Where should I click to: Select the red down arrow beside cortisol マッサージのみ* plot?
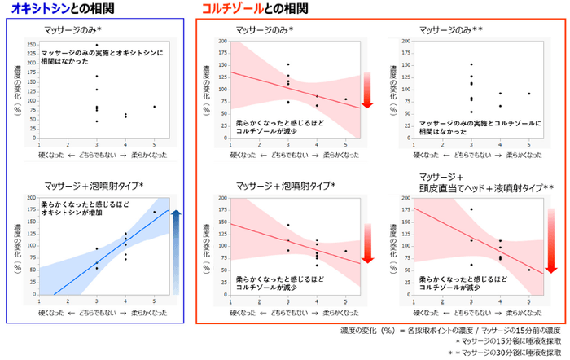click(366, 89)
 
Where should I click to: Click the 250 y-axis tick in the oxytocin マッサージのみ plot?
click(30, 44)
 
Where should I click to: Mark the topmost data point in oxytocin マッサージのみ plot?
click(96, 45)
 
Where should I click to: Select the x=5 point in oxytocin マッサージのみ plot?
click(154, 106)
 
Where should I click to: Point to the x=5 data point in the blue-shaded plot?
click(154, 213)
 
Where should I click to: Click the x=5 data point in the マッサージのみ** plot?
click(528, 94)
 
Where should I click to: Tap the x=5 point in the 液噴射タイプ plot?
click(528, 270)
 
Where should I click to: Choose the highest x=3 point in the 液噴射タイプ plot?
click(471, 209)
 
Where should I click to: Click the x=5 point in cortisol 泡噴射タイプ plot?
click(345, 251)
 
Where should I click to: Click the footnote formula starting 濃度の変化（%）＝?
click(452, 331)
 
